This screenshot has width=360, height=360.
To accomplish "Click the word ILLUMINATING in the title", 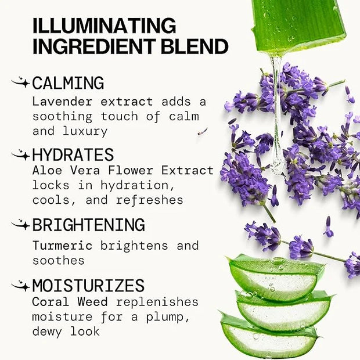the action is pos(105,26).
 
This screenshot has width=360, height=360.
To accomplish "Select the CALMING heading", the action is pos(68,83).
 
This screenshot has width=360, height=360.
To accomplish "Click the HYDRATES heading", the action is pos(73,154).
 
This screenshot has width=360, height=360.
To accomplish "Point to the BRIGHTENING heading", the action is pos(89,225).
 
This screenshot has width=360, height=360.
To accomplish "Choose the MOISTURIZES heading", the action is pos(88,285).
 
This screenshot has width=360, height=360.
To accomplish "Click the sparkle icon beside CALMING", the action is pos(21,82).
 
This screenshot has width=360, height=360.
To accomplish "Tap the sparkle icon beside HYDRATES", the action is pos(21,154).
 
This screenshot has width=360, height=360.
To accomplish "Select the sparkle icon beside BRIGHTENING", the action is pos(21,224).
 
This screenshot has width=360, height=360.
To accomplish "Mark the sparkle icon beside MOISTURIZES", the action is pos(21,286).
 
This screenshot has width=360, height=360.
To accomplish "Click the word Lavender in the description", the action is pos(62,102).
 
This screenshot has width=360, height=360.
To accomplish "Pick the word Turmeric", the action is pos(62,246).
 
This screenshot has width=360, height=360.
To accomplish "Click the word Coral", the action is pos(51,302).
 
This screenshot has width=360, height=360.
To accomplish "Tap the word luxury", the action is pos(85,132).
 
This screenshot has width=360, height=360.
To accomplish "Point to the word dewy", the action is pos(47,332).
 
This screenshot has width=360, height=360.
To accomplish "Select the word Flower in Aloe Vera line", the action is pos(131,170).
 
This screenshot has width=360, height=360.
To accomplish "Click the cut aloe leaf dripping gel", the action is pos(298,25).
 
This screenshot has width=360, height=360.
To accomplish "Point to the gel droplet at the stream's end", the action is pos(277,165).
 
